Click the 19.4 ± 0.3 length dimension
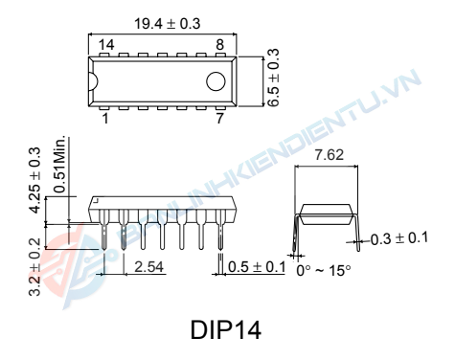(x=168, y=24)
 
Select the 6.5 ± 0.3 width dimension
(x=273, y=78)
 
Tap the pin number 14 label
(x=106, y=45)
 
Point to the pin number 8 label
(x=219, y=45)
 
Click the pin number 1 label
(x=105, y=119)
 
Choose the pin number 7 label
(x=219, y=119)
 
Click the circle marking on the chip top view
(x=216, y=81)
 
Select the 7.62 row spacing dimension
(x=330, y=155)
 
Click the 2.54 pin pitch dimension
(x=148, y=267)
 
